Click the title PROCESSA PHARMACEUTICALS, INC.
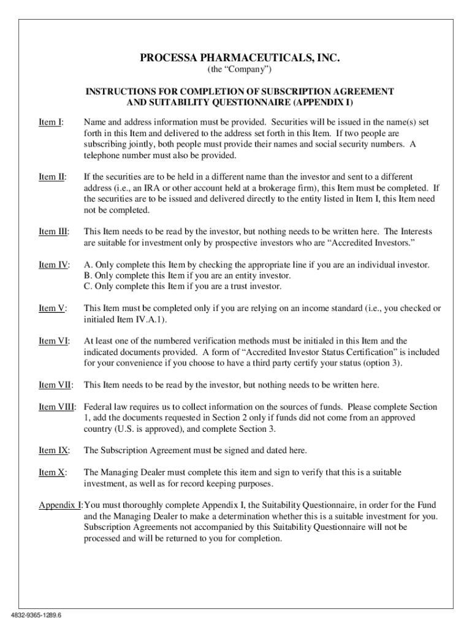tap(240, 58)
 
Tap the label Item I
tap(51, 123)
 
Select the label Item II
tap(52, 177)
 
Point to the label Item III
tap(54, 231)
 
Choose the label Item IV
tap(54, 264)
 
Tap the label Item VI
tap(54, 341)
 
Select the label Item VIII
tap(58, 407)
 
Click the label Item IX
tap(54, 450)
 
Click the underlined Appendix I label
tap(60, 505)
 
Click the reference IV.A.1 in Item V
tap(145, 320)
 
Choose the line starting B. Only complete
tap(187, 275)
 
